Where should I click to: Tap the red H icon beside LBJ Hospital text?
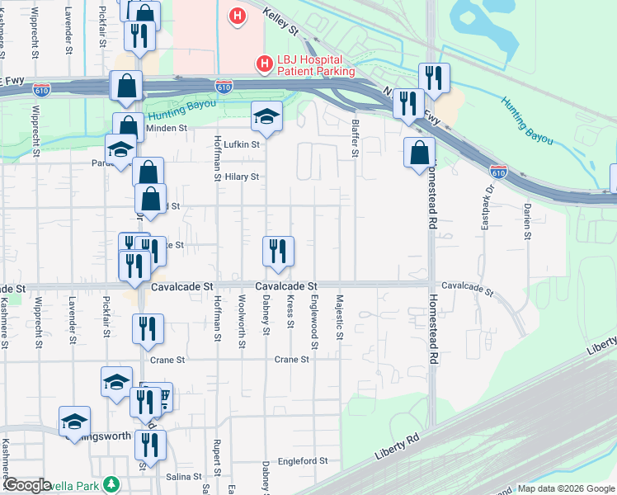[265, 62]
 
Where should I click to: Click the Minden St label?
[167, 129]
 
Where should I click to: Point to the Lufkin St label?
[242, 144]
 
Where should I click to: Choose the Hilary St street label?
[242, 177]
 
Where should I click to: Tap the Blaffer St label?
[356, 135]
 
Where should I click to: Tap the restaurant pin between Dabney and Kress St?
[278, 251]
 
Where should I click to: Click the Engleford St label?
[303, 461]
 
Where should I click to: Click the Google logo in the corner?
[28, 485]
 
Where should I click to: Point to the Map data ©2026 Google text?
[564, 488]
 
